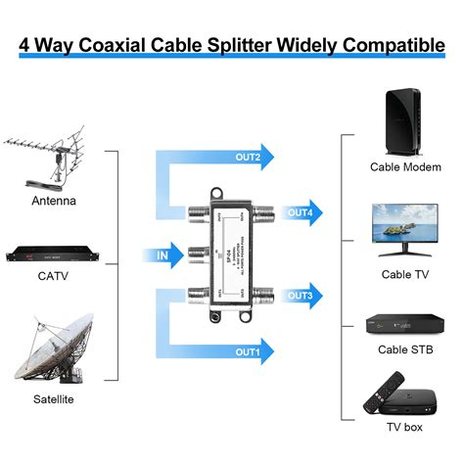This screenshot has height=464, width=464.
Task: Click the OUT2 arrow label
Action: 248,157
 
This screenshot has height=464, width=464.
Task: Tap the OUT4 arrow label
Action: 301,212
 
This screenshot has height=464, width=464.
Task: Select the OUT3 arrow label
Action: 301,295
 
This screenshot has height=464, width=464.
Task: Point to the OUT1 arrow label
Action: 248,350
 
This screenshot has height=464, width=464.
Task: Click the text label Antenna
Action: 53,201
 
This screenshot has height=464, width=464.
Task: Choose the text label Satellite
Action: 53,399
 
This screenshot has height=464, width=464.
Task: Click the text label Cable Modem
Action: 405,167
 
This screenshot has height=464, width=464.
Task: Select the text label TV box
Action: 405,428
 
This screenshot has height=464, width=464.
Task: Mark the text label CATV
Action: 53,276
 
